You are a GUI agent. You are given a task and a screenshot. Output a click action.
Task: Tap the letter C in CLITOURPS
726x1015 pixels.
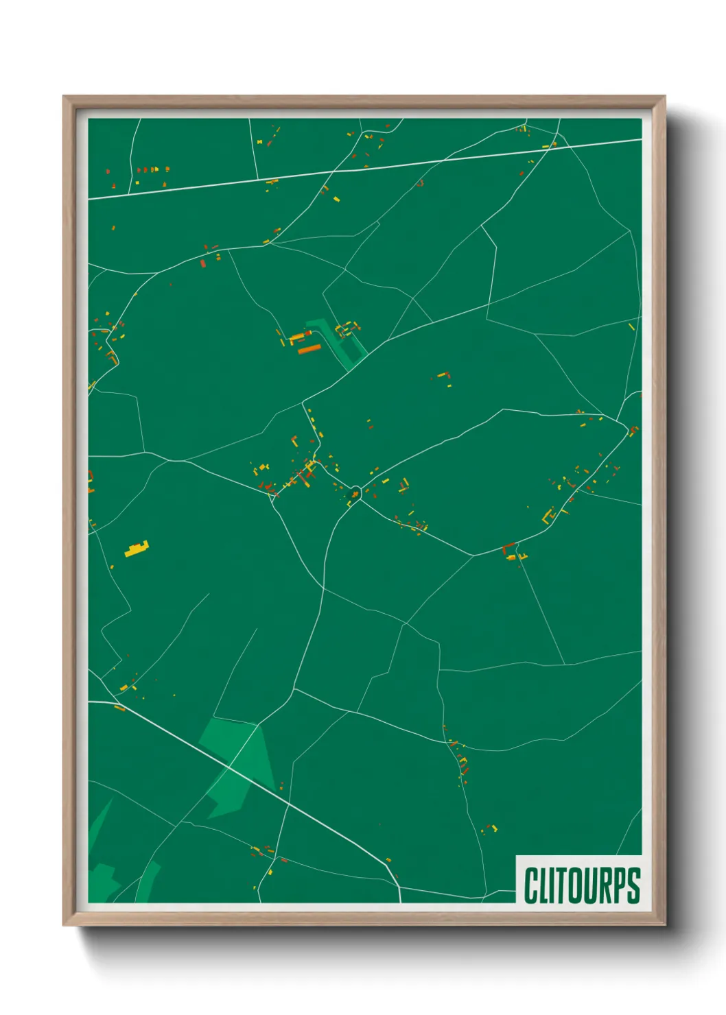[x=530, y=885]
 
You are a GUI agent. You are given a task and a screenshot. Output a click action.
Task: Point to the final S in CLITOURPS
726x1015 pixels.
[x=633, y=885]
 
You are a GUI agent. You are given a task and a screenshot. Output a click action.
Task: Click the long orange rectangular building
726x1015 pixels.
[x=309, y=350]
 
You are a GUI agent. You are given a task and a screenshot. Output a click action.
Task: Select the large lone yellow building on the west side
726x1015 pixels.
[x=137, y=549]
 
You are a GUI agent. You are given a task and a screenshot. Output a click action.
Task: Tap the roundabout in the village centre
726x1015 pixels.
[x=355, y=492]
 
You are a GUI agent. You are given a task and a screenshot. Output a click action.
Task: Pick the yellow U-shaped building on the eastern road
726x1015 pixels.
[x=548, y=516]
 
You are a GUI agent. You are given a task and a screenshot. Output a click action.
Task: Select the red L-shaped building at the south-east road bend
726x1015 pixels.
[x=508, y=547]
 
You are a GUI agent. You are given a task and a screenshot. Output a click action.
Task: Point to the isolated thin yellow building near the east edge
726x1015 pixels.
[x=631, y=327]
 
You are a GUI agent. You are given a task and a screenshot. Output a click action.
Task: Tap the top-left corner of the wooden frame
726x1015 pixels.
[x=64, y=97]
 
